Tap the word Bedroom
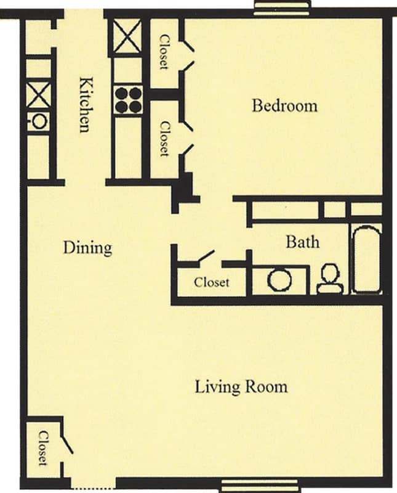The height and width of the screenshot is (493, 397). [x=284, y=105]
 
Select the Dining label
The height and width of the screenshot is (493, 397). [x=88, y=248]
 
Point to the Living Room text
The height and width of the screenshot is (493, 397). [x=241, y=387]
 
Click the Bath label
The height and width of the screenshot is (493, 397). [x=302, y=242]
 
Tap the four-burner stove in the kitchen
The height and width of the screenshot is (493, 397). [x=128, y=100]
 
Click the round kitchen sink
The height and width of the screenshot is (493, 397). [x=39, y=121]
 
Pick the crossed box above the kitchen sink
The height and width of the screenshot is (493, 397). [x=39, y=95]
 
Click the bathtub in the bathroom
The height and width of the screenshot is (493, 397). [x=366, y=258]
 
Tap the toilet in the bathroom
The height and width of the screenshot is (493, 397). [x=330, y=279]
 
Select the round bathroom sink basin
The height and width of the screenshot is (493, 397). [x=279, y=280]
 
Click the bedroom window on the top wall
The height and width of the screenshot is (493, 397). [x=282, y=7]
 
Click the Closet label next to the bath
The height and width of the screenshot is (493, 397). [x=212, y=282]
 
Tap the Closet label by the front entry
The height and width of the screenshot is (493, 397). [x=42, y=448]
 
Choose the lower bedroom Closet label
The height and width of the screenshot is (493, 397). [x=164, y=137]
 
